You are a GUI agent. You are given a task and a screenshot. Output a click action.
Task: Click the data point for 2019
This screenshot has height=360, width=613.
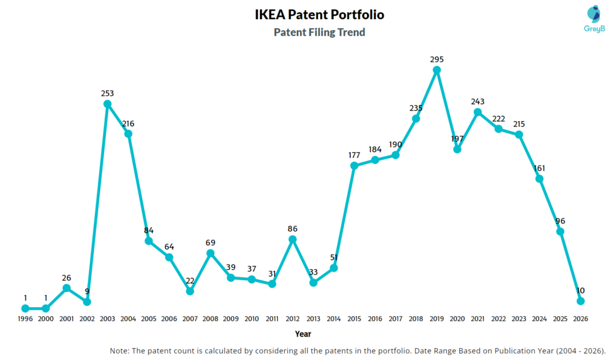tap(437, 70)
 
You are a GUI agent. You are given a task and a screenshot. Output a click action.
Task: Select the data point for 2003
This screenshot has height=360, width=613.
tap(108, 104)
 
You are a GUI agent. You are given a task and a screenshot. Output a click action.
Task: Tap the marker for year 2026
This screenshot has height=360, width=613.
tap(580, 301)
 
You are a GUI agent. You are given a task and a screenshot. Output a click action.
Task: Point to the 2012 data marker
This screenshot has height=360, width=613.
tap(293, 239)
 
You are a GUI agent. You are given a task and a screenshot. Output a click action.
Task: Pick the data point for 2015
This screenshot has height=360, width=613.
tap(354, 165)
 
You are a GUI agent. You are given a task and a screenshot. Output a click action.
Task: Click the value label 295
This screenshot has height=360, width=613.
tap(437, 59)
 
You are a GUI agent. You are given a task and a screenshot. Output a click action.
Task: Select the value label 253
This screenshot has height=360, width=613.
tap(108, 93)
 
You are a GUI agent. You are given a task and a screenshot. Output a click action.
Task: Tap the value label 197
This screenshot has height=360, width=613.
tap(457, 138)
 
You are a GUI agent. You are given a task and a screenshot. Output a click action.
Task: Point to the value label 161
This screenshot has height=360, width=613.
tap(539, 168)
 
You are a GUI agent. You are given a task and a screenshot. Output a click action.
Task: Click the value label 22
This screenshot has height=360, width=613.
tap(190, 280)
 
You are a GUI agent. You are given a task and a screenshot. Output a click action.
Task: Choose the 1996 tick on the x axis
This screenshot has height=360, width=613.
tap(25, 319)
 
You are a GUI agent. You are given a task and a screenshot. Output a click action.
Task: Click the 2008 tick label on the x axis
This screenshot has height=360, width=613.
tap(210, 319)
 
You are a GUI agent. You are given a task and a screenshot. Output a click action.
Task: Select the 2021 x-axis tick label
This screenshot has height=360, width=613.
tap(478, 319)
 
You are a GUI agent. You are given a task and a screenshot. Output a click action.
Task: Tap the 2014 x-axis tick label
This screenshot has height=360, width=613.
tap(333, 319)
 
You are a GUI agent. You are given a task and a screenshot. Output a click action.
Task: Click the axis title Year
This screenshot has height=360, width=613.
tap(303, 334)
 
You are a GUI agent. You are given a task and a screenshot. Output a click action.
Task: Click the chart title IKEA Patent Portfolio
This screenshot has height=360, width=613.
tap(319, 14)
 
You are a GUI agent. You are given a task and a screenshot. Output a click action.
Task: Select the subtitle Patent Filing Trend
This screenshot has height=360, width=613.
tap(319, 32)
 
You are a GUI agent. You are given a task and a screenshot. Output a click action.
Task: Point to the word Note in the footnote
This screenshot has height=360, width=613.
tap(121, 350)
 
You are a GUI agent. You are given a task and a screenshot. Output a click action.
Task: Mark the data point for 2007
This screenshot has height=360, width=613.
tap(190, 291)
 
